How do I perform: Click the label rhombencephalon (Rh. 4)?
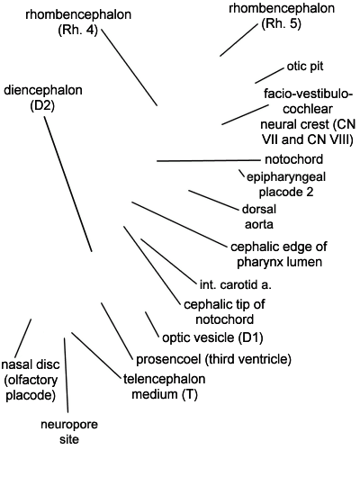78,22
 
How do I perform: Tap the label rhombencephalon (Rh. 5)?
282,16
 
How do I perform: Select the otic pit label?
305,67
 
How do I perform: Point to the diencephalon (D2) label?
43,98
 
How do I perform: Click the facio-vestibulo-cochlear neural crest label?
308,116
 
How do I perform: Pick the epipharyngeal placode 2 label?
286,184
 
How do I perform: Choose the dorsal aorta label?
259,217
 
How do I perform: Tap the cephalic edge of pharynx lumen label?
279,254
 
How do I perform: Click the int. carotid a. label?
236,284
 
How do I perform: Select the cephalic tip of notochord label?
224,312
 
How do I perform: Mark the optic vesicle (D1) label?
212,337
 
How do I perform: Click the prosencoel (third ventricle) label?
213,359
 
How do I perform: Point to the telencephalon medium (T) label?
164,386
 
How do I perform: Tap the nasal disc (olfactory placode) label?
31,380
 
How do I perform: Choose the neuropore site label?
69,431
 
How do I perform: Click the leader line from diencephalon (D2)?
67,184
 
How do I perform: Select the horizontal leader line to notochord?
208,161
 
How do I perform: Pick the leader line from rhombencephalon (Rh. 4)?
130,67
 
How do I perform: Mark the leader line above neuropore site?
66,375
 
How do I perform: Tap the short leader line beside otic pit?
269,76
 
